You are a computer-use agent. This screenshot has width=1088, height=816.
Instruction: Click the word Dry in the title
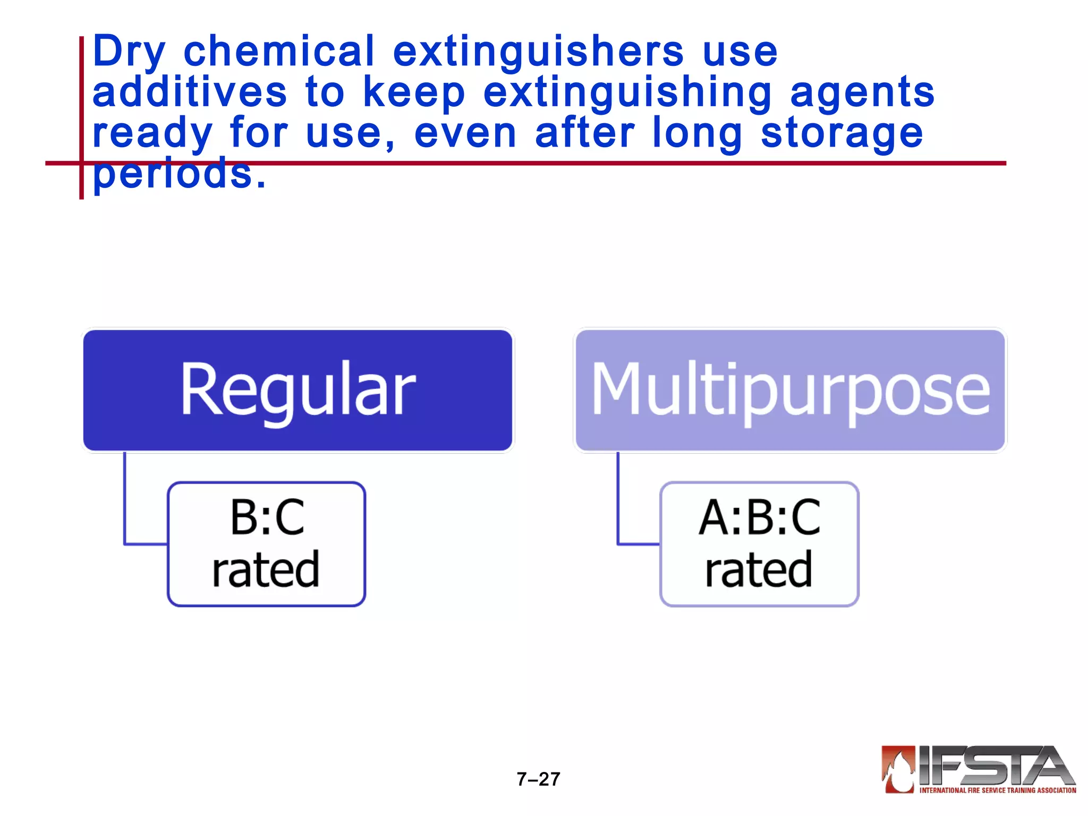(129, 52)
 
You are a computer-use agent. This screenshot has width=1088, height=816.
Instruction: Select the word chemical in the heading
(279, 51)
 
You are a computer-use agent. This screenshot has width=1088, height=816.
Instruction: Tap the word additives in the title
(190, 92)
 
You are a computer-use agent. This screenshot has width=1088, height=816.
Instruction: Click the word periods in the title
(178, 174)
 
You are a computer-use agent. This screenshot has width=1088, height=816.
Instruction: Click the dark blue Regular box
(297, 390)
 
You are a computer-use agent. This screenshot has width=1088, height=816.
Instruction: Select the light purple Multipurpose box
(790, 390)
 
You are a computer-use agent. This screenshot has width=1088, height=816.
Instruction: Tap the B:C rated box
(266, 543)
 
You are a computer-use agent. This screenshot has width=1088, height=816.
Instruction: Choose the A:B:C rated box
(759, 543)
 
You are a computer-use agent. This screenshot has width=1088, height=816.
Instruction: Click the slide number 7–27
(538, 779)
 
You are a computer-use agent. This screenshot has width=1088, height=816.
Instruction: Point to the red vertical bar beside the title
(81, 106)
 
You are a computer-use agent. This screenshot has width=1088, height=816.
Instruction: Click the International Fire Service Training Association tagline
(997, 790)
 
